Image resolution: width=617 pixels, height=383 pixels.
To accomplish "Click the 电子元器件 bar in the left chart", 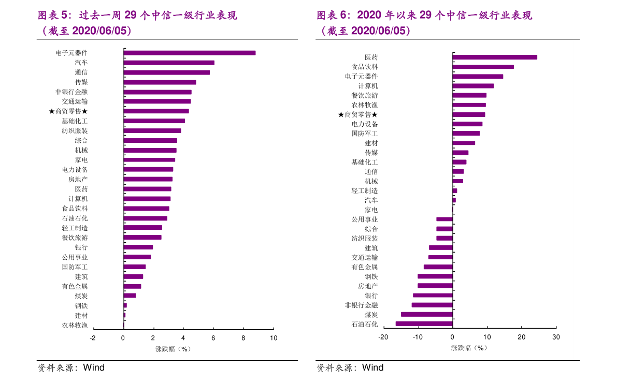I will point(189,53).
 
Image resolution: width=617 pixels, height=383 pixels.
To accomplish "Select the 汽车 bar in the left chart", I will point(169,63).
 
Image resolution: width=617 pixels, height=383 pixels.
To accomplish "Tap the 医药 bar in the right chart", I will point(495,57).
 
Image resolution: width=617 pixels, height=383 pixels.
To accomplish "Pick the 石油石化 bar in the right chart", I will point(424,324).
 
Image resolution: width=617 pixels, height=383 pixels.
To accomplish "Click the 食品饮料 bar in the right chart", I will point(483,67).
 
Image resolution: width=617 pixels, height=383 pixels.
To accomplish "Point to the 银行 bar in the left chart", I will point(138,247).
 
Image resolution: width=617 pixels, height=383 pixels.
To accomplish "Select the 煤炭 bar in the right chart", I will point(427,314).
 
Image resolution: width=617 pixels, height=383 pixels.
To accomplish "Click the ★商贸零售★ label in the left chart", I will point(68,111).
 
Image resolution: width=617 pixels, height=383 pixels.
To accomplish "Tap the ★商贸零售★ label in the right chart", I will point(357,114).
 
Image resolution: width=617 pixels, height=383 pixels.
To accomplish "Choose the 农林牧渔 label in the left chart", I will point(75,326).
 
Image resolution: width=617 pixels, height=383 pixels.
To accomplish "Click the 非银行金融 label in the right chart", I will point(361,305).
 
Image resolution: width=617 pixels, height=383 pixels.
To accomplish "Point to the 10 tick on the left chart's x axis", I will point(274,338).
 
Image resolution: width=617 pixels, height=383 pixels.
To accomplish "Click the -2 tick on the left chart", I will point(93,338).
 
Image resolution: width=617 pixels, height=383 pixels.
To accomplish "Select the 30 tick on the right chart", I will point(556,337).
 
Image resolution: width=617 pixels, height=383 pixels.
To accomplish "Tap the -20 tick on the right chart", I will point(383,337).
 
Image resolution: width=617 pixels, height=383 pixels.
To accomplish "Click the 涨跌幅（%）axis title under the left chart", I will point(173,349).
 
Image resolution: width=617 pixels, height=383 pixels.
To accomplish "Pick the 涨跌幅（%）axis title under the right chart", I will point(469,348).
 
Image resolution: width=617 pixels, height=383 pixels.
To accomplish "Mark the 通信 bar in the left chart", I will point(167,72).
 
